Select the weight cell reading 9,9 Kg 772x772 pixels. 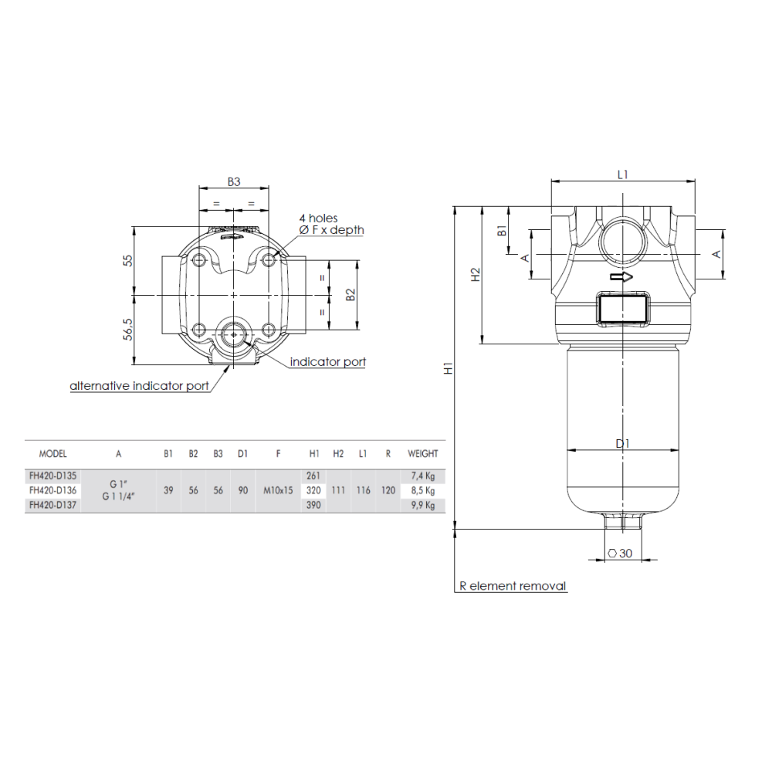422,506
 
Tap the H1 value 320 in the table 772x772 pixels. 313,490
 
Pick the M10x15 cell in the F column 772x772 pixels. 278,490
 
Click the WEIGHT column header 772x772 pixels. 422,454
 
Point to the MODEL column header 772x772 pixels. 52,454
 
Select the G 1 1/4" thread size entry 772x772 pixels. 119,497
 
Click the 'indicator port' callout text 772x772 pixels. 327,361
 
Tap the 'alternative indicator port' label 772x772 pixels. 139,385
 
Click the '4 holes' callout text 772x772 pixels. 318,218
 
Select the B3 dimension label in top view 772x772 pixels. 234,182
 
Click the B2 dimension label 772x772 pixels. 350,295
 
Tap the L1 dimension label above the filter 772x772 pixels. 623,175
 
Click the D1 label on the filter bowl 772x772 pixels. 623,443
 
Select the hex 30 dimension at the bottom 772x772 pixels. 621,553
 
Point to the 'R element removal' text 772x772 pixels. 513,586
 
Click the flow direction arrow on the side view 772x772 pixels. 621,277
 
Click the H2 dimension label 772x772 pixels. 476,274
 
